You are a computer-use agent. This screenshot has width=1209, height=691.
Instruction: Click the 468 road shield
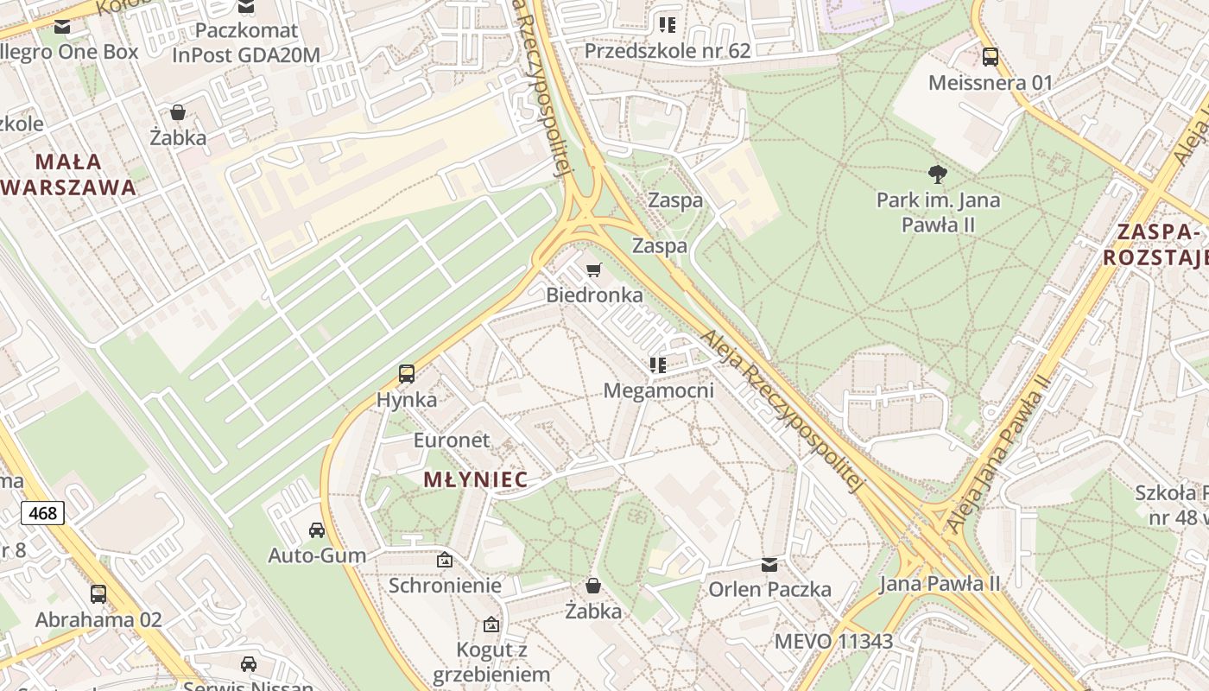(42, 513)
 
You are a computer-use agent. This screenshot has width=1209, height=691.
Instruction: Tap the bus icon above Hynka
(407, 374)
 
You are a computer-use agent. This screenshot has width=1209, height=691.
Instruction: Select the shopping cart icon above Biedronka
(593, 270)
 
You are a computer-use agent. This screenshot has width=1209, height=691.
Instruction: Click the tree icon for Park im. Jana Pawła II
(938, 174)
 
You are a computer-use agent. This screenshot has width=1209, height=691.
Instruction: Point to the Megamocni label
(658, 390)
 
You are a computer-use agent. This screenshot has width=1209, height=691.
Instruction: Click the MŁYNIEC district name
(475, 480)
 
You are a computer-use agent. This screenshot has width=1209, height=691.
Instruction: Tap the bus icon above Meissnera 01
(991, 57)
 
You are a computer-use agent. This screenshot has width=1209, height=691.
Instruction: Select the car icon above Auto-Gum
(317, 529)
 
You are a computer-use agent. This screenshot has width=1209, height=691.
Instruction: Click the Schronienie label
(445, 586)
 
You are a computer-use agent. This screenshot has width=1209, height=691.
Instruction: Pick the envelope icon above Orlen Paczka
(769, 565)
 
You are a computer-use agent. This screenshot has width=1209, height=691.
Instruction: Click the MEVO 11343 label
(833, 642)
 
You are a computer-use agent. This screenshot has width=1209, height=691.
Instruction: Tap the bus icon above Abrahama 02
(98, 594)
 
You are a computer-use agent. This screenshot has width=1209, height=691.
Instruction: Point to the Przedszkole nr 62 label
(667, 51)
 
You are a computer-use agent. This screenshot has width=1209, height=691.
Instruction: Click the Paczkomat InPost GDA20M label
(246, 42)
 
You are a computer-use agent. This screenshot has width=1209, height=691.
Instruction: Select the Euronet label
(451, 441)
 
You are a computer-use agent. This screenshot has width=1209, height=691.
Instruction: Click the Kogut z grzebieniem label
(492, 662)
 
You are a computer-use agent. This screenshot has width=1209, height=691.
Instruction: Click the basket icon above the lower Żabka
(593, 586)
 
